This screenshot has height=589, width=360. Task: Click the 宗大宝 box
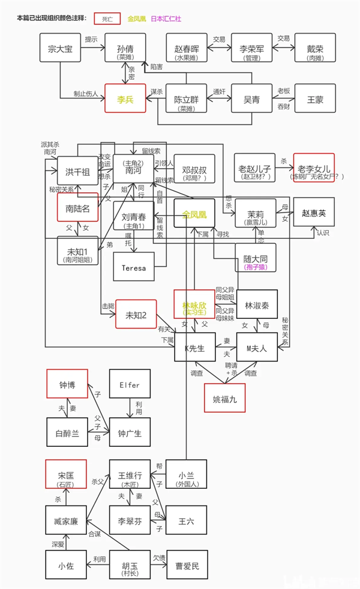pyautogui.click(x=60, y=48)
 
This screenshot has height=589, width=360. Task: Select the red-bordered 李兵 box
pyautogui.click(x=125, y=98)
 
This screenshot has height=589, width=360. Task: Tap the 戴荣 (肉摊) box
pyautogui.click(x=315, y=48)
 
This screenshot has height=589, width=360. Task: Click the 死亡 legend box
pyautogui.click(x=107, y=19)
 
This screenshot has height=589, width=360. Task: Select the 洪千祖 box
pyautogui.click(x=77, y=172)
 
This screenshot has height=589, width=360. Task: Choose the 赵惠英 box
pyautogui.click(x=314, y=213)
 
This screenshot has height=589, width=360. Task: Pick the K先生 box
pyautogui.click(x=195, y=347)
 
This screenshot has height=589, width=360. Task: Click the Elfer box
pyautogui.click(x=130, y=384)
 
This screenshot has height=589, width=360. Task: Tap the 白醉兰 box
pyautogui.click(x=67, y=433)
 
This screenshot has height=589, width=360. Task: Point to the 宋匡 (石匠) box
pyautogui.click(x=66, y=474)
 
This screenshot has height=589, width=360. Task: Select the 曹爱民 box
pyautogui.click(x=187, y=565)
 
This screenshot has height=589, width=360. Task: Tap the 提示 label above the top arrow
pyautogui.click(x=92, y=40)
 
